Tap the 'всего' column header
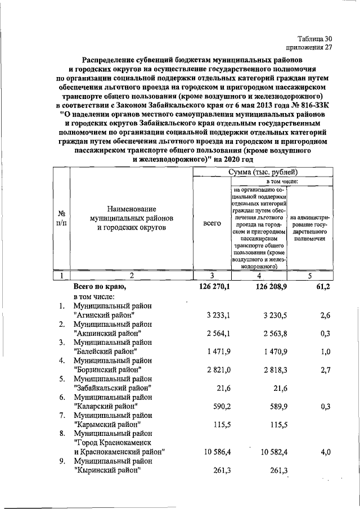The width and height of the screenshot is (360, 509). click(211, 223)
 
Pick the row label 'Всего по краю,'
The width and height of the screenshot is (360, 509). click(100, 286)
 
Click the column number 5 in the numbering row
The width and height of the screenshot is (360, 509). click(309, 276)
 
